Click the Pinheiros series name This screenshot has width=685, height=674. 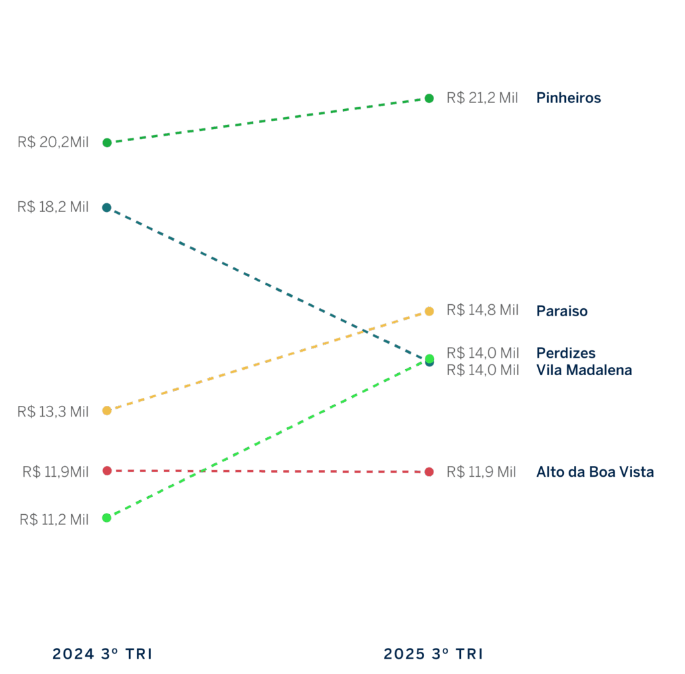(569, 98)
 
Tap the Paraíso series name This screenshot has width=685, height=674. (562, 311)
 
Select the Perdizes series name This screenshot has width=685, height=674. (565, 353)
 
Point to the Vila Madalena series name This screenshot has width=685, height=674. (584, 370)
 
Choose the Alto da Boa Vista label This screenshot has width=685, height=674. (595, 472)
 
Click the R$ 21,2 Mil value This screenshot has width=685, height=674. (482, 98)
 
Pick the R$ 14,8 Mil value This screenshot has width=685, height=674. (482, 310)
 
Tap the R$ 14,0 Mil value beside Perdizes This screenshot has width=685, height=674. (482, 353)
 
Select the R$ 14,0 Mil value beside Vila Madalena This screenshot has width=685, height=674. (482, 370)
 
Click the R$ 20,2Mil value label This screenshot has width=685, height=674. (54, 142)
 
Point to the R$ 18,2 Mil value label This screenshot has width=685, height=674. (53, 207)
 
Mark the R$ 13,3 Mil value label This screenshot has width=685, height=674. (53, 411)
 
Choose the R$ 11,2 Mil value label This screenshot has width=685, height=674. (54, 519)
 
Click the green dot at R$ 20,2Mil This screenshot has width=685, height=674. (107, 142)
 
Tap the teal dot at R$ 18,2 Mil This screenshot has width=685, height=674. (107, 207)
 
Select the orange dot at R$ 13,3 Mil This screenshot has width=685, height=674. (107, 411)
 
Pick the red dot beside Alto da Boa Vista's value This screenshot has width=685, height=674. (429, 472)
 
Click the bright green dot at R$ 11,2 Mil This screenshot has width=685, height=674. (107, 518)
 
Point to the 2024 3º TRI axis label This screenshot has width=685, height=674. (102, 654)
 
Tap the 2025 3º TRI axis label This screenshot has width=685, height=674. (433, 654)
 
